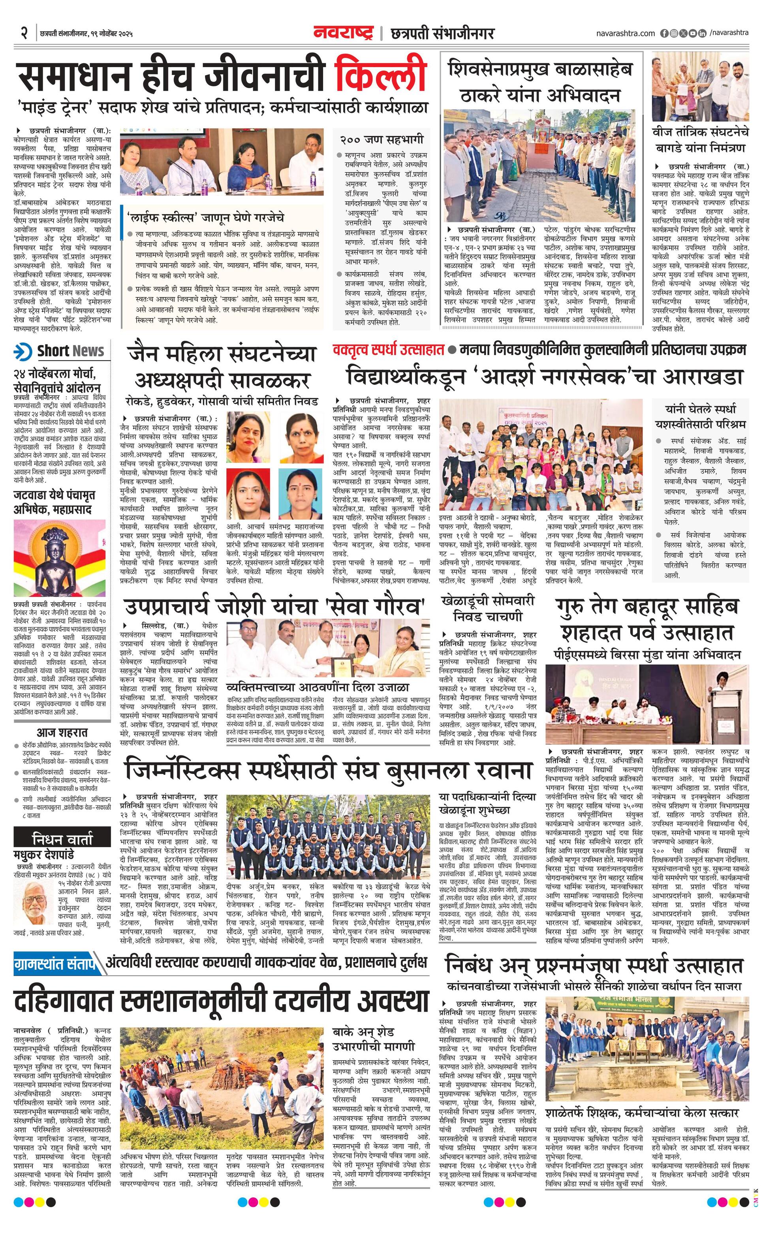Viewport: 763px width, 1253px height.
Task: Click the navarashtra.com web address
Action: [x=625, y=33]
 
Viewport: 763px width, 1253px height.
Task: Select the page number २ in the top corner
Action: [x=23, y=34]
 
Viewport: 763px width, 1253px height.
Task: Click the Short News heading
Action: [x=70, y=351]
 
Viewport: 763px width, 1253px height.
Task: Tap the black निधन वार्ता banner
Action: [x=62, y=839]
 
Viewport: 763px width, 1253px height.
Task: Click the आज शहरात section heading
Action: [x=62, y=732]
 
